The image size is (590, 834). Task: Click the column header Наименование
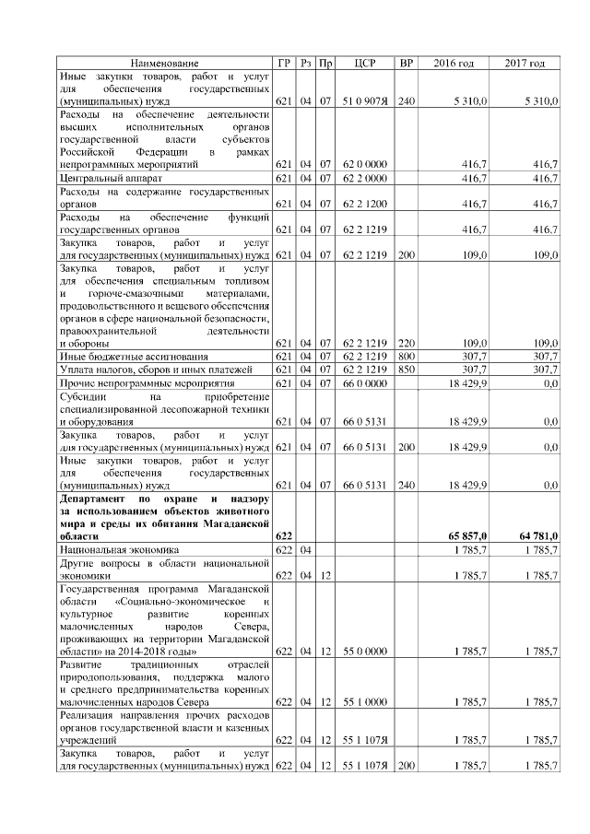[x=164, y=63]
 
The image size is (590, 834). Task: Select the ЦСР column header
[x=363, y=63]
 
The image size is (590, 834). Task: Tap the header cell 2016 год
[x=453, y=63]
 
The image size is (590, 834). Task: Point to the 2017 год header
[x=525, y=63]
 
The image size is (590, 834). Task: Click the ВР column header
[x=405, y=63]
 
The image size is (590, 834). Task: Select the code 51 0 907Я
[x=363, y=100]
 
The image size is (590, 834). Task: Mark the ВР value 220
[x=405, y=342]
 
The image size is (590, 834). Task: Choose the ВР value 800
[x=405, y=356]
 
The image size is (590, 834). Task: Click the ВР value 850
[x=405, y=369]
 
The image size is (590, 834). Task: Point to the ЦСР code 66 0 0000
[x=363, y=382]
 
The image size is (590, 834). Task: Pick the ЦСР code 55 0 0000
[x=363, y=651]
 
